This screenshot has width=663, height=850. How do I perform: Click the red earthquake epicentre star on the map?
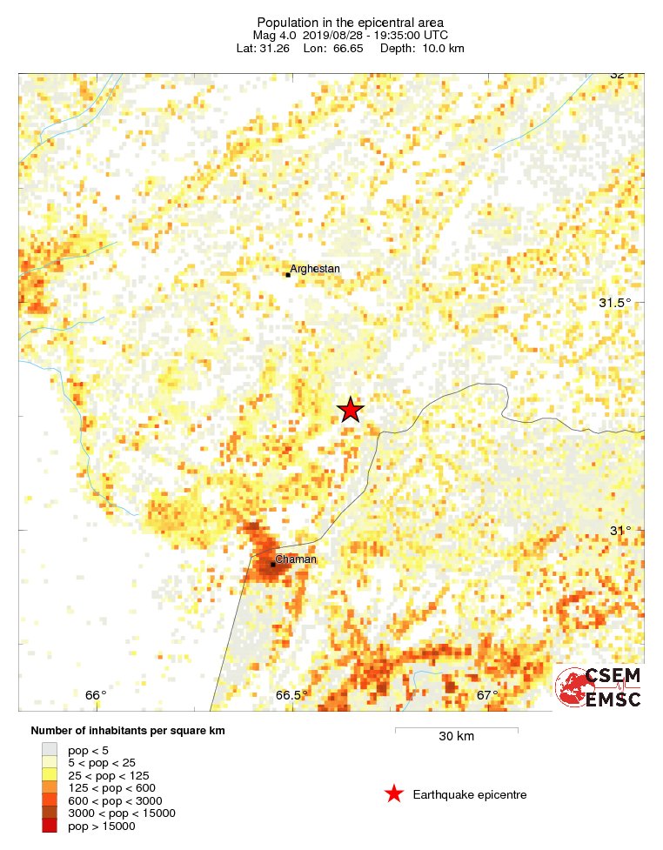click(x=350, y=410)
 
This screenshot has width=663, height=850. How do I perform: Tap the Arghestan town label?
click(x=315, y=269)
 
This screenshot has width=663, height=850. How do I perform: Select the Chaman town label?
click(x=296, y=559)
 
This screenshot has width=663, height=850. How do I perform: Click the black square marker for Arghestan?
click(x=288, y=275)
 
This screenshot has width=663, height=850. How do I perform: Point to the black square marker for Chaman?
click(x=272, y=565)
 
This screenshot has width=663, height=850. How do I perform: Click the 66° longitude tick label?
click(x=96, y=694)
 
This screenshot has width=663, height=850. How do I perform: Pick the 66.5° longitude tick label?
click(x=292, y=694)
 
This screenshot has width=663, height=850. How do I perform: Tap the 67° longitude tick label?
click(x=487, y=694)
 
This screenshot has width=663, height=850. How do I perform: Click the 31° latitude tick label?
click(x=619, y=531)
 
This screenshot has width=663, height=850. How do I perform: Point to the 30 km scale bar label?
click(x=456, y=737)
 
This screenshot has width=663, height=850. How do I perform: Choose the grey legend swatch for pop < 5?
click(x=50, y=749)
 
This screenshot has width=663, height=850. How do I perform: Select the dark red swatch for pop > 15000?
click(x=50, y=826)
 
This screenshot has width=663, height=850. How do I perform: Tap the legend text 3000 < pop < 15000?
click(x=122, y=813)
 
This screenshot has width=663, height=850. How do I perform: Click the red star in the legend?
click(x=394, y=793)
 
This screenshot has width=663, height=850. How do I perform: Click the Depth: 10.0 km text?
click(x=430, y=48)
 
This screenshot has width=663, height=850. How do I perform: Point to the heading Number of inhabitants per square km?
click(x=128, y=731)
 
